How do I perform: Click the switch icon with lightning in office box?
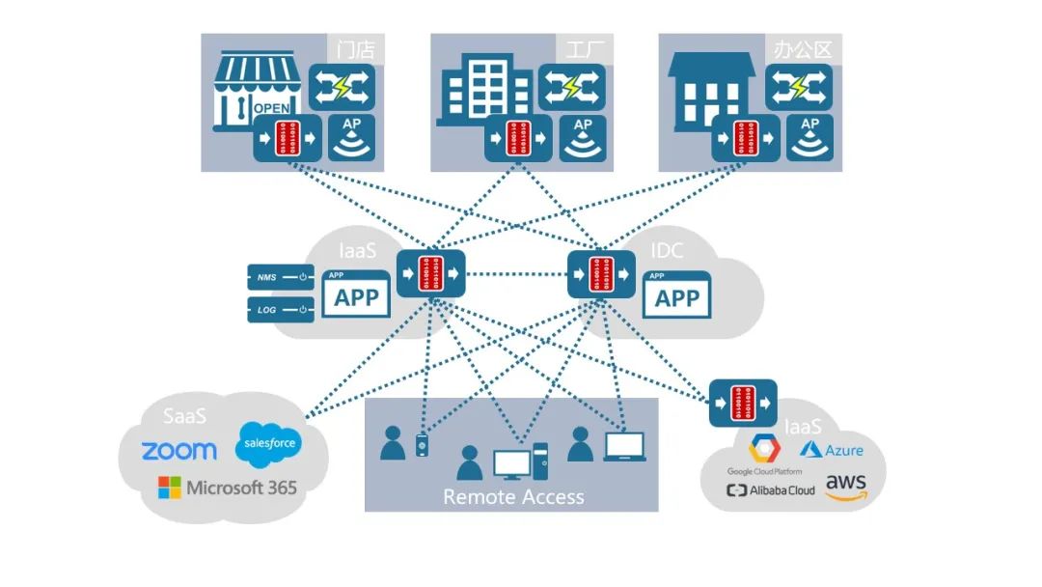pyautogui.click(x=799, y=88)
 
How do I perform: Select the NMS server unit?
pyautogui.click(x=281, y=278)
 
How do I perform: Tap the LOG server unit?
pyautogui.click(x=281, y=310)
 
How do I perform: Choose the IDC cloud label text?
pyautogui.click(x=666, y=251)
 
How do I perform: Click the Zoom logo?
pyautogui.click(x=179, y=451)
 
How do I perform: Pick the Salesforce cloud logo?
pyautogui.click(x=268, y=443)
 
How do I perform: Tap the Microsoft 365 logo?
pyautogui.click(x=228, y=488)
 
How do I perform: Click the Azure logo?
pyautogui.click(x=831, y=450)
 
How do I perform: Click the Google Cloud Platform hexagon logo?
pyautogui.click(x=765, y=449)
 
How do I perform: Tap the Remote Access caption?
pyautogui.click(x=513, y=497)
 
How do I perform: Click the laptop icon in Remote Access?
pyautogui.click(x=624, y=446)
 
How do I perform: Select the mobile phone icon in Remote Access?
pyautogui.click(x=421, y=445)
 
